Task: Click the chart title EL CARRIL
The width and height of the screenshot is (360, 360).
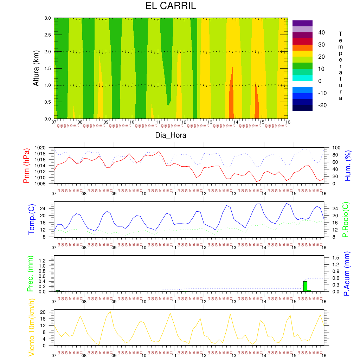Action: (x=171, y=6)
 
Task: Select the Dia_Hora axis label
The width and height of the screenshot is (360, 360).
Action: (x=171, y=135)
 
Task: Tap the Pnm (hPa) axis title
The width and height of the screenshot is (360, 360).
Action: (x=26, y=166)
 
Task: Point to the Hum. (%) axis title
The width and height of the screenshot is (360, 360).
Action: (x=348, y=166)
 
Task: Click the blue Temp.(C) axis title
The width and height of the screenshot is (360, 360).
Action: (x=31, y=219)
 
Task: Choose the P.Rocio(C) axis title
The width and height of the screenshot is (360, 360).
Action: (x=346, y=219)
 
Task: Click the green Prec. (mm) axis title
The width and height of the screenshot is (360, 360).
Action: (x=30, y=274)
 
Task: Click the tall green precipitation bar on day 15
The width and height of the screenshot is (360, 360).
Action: (x=305, y=286)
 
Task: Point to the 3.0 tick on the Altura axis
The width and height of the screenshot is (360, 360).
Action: (x=47, y=18)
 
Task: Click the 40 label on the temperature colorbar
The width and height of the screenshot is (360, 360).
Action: (x=322, y=33)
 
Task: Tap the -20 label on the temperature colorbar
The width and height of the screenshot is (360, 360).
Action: (x=322, y=105)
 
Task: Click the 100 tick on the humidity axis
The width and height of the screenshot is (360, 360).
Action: (x=332, y=148)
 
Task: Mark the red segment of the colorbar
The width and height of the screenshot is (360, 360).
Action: (x=302, y=41)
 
